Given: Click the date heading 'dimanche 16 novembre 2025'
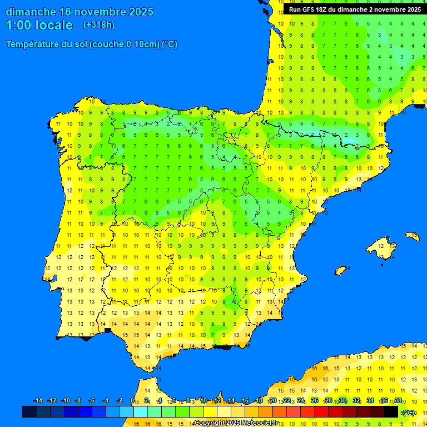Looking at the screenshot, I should coord(80,12).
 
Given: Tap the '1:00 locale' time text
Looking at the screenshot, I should coord(39,25).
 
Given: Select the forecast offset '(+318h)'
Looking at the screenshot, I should coord(98,25).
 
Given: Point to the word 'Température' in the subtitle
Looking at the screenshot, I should coord(32,44).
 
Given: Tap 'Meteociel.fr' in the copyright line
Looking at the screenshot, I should coord(256,423).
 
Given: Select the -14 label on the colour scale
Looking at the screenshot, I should coord(38,401).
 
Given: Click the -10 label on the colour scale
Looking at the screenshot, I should coord(65,401).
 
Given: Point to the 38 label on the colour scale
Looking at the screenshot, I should coord(398,401).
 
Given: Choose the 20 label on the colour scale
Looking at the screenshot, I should coord(273,401).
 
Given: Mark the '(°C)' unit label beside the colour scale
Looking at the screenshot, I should coord(409,413).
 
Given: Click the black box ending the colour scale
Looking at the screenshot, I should coord(391,412).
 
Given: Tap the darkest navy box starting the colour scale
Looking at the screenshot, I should coord(29,412).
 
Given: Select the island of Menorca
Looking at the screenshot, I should coord(412,236).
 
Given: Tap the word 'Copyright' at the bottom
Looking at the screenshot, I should coord(209,423).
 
